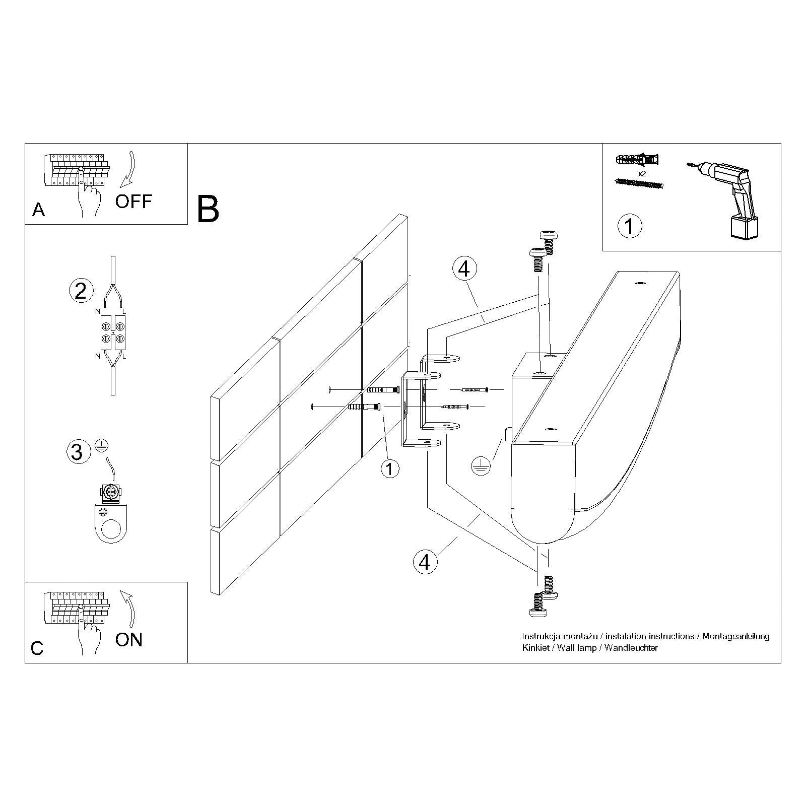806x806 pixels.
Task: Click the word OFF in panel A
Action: (133, 201)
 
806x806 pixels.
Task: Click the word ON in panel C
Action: (129, 639)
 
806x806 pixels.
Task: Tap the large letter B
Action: (208, 210)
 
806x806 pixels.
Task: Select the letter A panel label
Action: (38, 210)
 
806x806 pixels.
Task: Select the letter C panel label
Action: (37, 648)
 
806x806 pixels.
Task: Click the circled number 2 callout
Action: (81, 291)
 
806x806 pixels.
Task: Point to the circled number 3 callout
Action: (77, 451)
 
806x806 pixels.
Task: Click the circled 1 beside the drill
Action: (630, 226)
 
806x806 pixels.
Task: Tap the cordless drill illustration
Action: (725, 196)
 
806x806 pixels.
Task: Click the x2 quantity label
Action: (642, 173)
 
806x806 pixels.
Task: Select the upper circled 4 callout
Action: (464, 268)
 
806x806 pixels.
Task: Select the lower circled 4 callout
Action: (425, 561)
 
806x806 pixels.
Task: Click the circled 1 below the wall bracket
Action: (389, 469)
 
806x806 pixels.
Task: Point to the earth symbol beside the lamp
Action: (481, 466)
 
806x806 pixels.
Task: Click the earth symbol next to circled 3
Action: (101, 446)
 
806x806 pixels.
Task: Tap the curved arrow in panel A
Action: (129, 171)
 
